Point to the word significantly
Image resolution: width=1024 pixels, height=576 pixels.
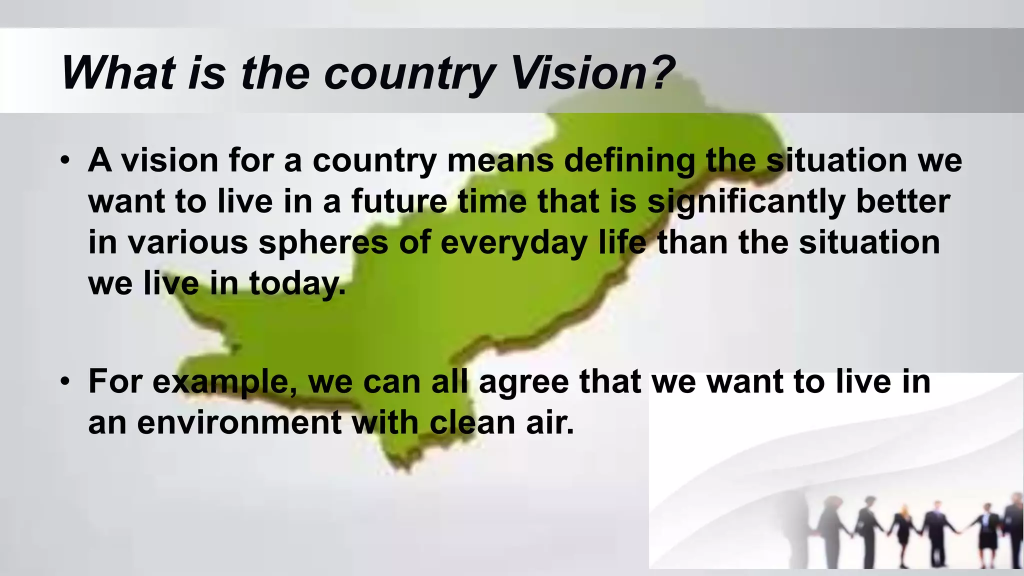point(745,202)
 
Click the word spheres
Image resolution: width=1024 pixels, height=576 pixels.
point(323,243)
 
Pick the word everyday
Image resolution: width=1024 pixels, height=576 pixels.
point(513,243)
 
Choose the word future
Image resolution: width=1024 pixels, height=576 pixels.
point(399,201)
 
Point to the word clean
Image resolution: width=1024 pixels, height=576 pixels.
point(472,423)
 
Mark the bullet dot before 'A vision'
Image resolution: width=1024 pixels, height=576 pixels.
point(64,161)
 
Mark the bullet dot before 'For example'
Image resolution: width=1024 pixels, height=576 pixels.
point(64,381)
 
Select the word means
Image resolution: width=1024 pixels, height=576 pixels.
point(500,160)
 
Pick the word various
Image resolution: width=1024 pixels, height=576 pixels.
point(187,243)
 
